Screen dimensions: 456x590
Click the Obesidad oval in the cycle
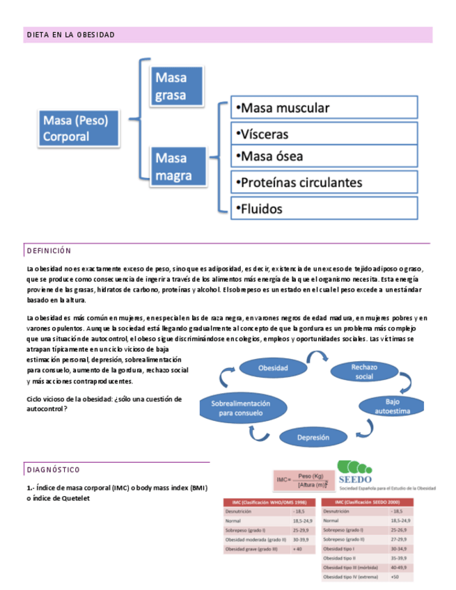point(273,367)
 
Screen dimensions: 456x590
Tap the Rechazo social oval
point(363,372)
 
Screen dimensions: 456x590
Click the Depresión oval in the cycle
point(313,438)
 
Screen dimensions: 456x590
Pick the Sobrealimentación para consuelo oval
point(235,408)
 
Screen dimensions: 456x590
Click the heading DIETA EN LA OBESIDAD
point(70,35)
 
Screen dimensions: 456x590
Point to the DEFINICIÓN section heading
point(49,250)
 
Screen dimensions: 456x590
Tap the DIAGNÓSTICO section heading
point(53,470)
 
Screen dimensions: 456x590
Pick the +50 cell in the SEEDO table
point(395,577)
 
